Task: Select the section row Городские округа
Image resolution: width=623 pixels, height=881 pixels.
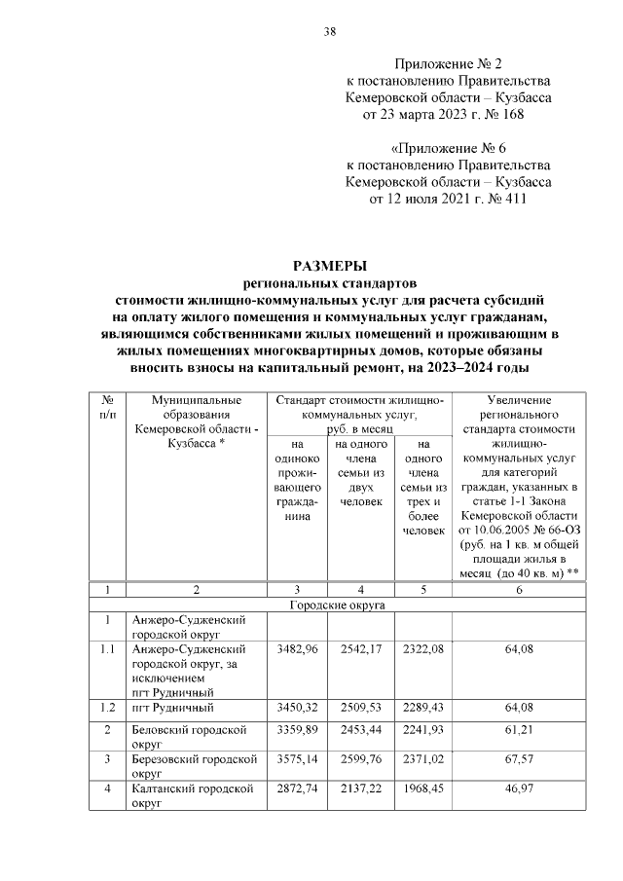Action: coord(338,605)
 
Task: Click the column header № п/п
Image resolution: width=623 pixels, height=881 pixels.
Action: coord(108,407)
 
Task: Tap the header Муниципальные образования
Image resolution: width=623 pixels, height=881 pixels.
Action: coord(196,407)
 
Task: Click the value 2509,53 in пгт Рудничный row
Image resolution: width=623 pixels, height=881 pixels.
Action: coord(360,706)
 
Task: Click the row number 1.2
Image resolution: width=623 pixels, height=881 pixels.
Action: coord(108,707)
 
